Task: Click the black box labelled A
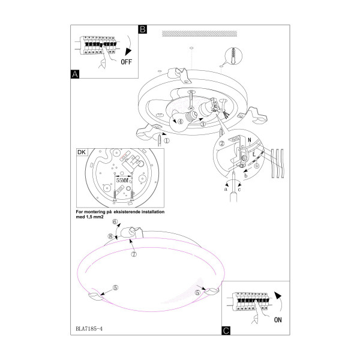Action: coord(75,74)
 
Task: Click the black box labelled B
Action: coord(143,29)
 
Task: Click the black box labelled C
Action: coord(226,331)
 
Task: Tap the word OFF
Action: coord(127,62)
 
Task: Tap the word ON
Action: coord(278,320)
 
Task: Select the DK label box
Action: coord(82,152)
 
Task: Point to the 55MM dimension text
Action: coord(122,181)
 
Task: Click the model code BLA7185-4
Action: coord(89,329)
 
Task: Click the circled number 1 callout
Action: coord(167,140)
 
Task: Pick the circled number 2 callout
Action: coord(222,143)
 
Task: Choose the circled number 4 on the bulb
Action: coord(181,122)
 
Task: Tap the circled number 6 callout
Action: coord(115,221)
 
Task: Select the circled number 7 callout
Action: coord(134,254)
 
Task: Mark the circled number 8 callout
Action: coord(110,236)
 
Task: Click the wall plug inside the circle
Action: coord(234,56)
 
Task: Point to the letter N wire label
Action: coord(250,140)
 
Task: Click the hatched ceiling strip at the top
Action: coord(200,34)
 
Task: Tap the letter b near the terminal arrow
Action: coord(246,176)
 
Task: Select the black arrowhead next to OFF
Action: coord(128,52)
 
